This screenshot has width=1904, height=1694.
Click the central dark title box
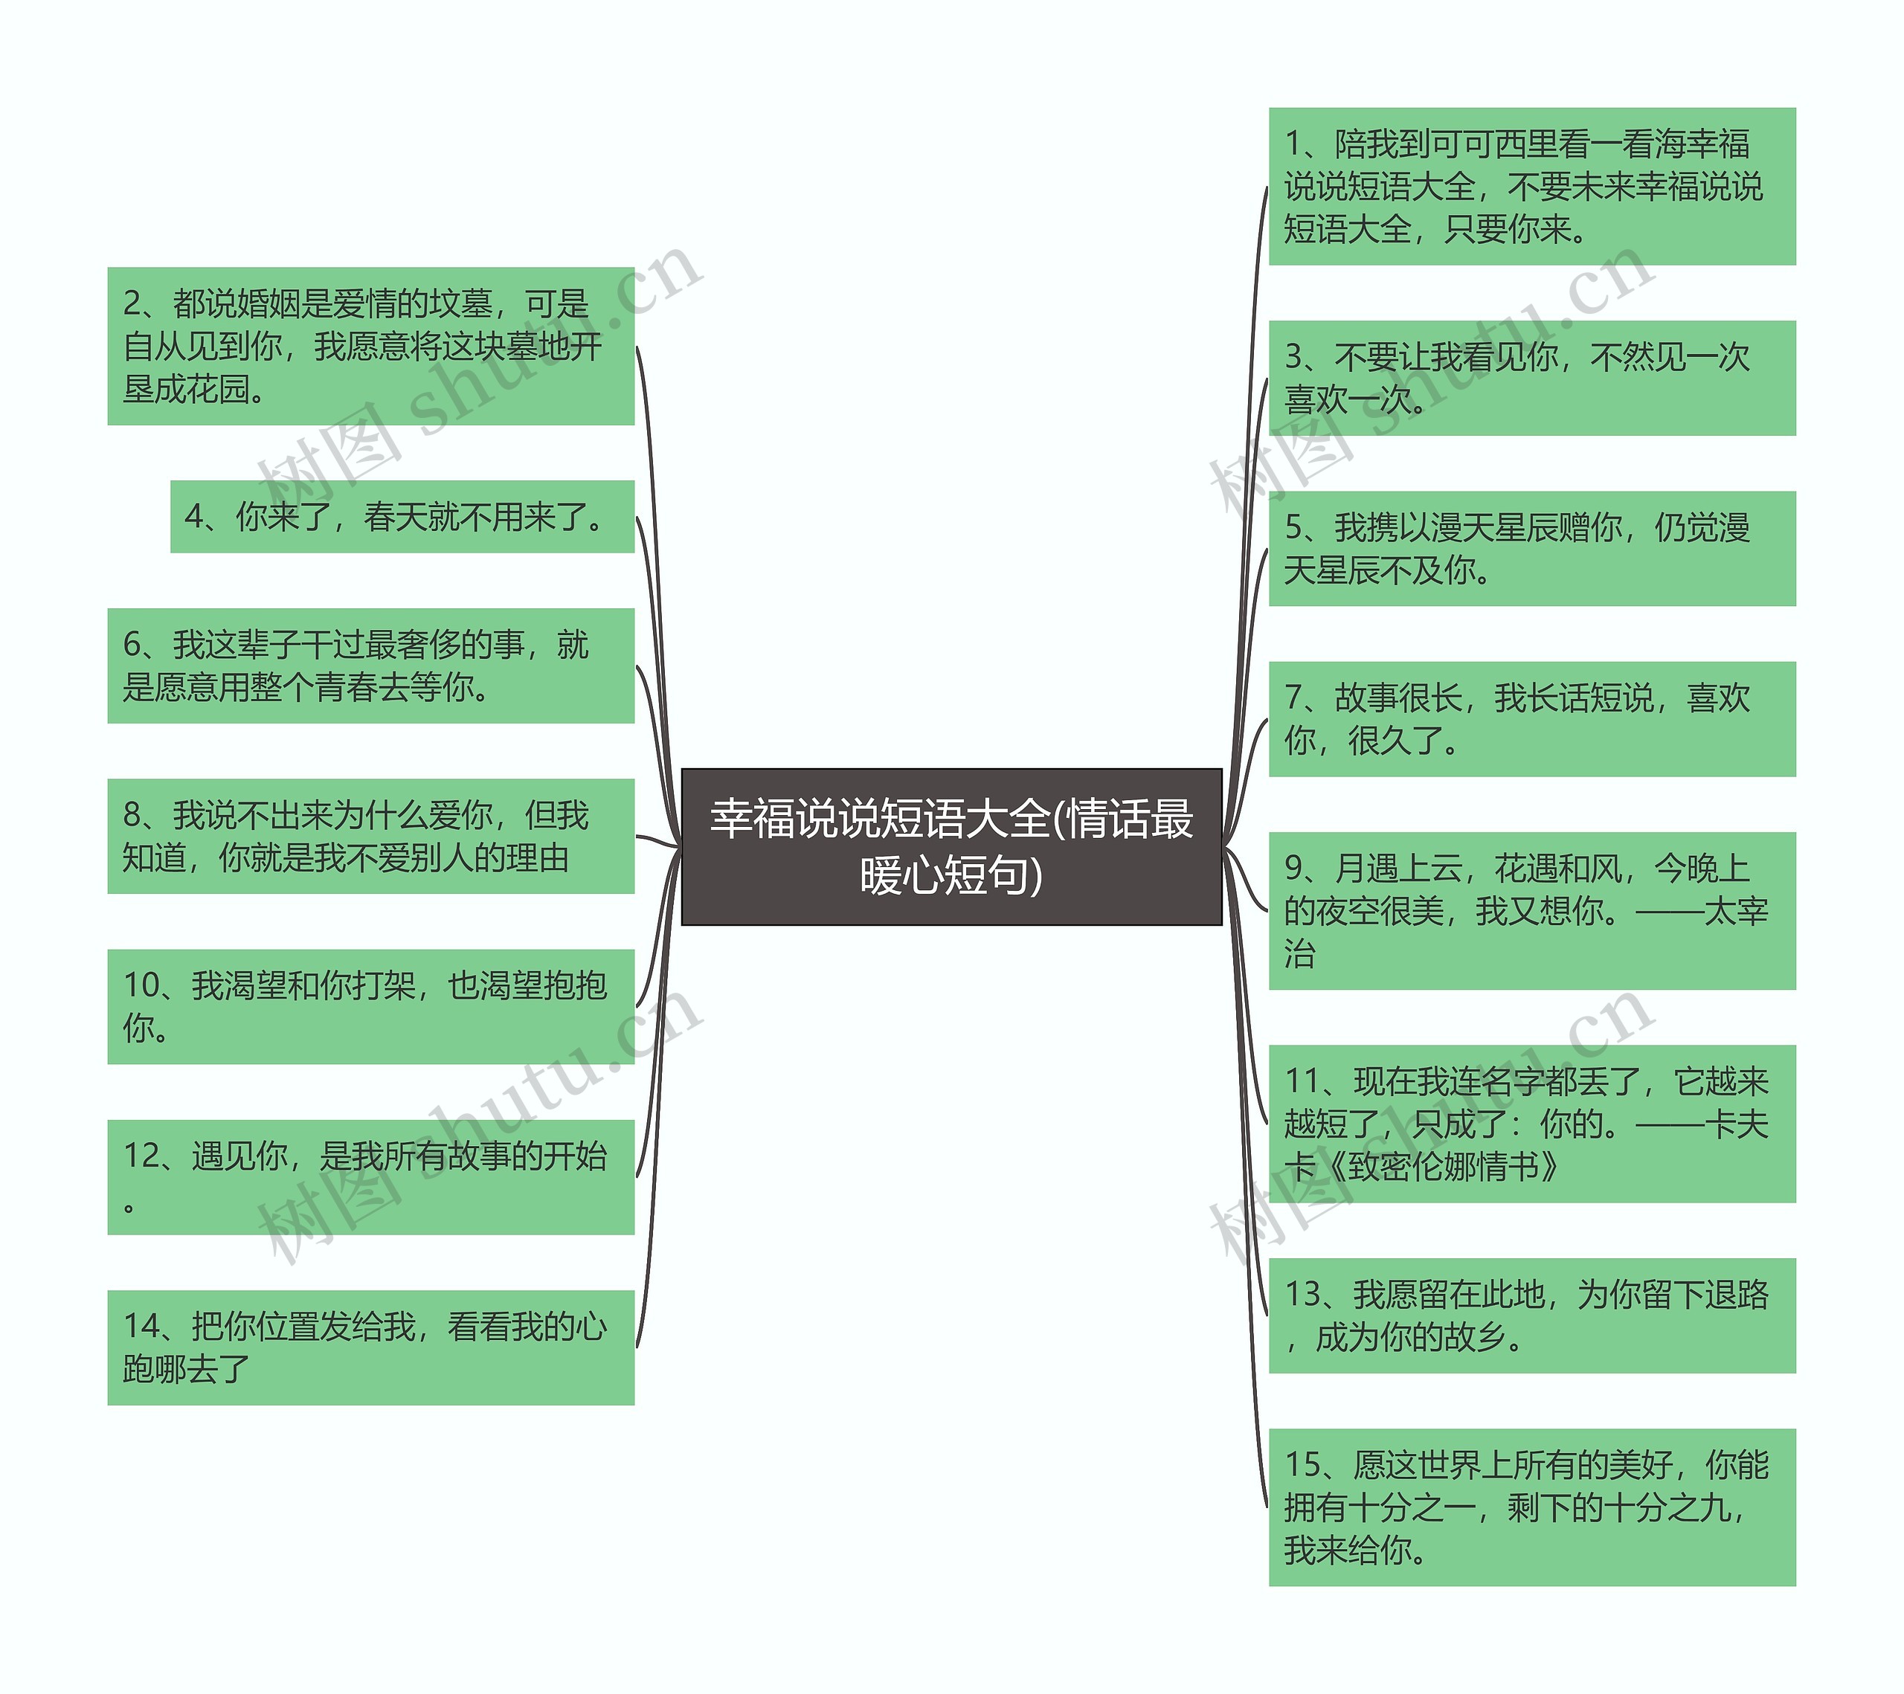tap(951, 846)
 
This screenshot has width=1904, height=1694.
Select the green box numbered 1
tap(1531, 186)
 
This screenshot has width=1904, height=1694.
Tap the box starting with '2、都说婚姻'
tap(370, 347)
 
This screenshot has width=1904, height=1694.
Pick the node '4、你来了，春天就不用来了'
tap(402, 517)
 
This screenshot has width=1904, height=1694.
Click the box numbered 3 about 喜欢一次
tap(1531, 378)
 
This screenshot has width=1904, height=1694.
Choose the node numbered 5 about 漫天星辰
tap(1531, 549)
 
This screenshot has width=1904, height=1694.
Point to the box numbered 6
tap(370, 666)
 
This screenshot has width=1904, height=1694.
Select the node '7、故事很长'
tap(1531, 719)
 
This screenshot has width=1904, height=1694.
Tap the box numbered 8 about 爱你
tap(370, 837)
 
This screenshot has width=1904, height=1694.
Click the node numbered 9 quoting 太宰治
tap(1531, 911)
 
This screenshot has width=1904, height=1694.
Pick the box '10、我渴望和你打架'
tap(370, 1007)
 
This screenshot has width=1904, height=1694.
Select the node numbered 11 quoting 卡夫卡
tap(1531, 1124)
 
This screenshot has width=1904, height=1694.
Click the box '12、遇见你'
tap(370, 1177)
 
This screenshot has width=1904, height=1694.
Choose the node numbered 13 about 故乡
tap(1531, 1316)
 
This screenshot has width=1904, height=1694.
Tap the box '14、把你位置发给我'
tap(370, 1347)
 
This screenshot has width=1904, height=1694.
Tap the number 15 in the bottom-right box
tap(1304, 1465)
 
